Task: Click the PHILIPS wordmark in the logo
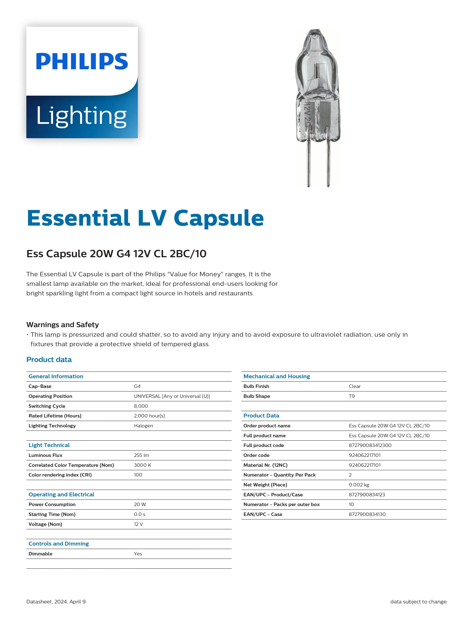coord(82,61)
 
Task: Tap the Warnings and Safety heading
coord(63,324)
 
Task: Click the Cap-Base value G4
coord(137,386)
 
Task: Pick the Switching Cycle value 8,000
coord(141,406)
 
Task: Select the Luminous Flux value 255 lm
coord(141,455)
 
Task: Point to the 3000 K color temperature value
coord(143,465)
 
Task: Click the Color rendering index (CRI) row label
coord(60,475)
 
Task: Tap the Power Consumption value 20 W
coord(140,504)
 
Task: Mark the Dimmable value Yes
coord(138,554)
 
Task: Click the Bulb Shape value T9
coord(352,396)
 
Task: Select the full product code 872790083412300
coord(370,445)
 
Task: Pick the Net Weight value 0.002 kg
coord(359,485)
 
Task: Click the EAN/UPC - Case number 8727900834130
coord(367,514)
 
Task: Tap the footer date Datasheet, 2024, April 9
coord(56,602)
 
